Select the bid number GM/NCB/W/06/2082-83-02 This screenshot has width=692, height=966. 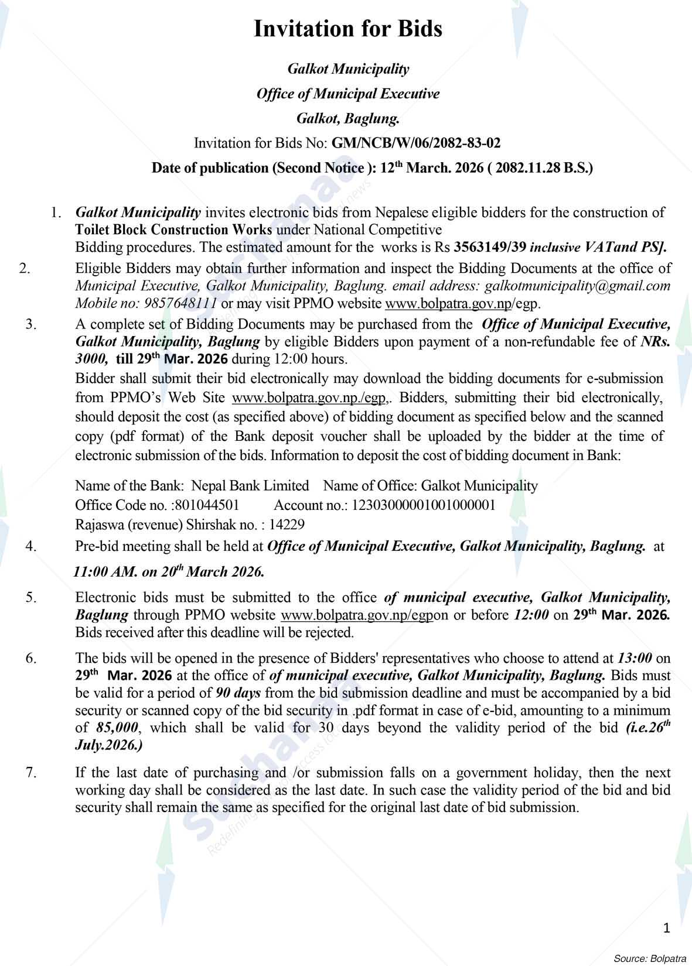pos(416,143)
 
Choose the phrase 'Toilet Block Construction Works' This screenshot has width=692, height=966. pos(173,229)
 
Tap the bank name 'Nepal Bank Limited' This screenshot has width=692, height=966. pos(250,485)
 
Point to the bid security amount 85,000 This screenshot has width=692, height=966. pos(117,728)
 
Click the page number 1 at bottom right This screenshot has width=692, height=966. pos(666,928)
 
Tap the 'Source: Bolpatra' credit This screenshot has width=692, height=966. pos(650,959)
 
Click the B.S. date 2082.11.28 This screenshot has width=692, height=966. pos(528,168)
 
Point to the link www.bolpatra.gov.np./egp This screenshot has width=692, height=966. pos(309,398)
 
